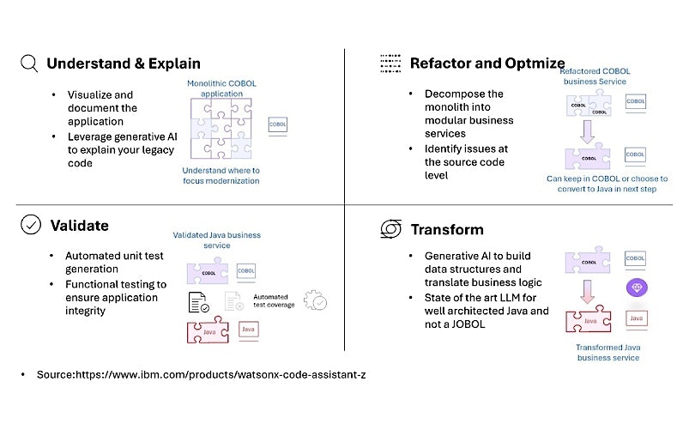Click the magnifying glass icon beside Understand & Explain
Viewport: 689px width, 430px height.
[29, 64]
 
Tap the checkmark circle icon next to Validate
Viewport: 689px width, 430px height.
[29, 225]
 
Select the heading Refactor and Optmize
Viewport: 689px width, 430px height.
[487, 64]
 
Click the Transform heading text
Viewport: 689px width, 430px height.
[446, 229]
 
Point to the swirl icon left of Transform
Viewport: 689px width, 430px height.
[391, 229]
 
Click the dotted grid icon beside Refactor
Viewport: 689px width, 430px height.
[391, 64]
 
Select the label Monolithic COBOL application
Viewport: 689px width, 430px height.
[221, 89]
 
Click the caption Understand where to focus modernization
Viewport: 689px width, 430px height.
[221, 175]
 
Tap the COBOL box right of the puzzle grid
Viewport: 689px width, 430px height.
[278, 124]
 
